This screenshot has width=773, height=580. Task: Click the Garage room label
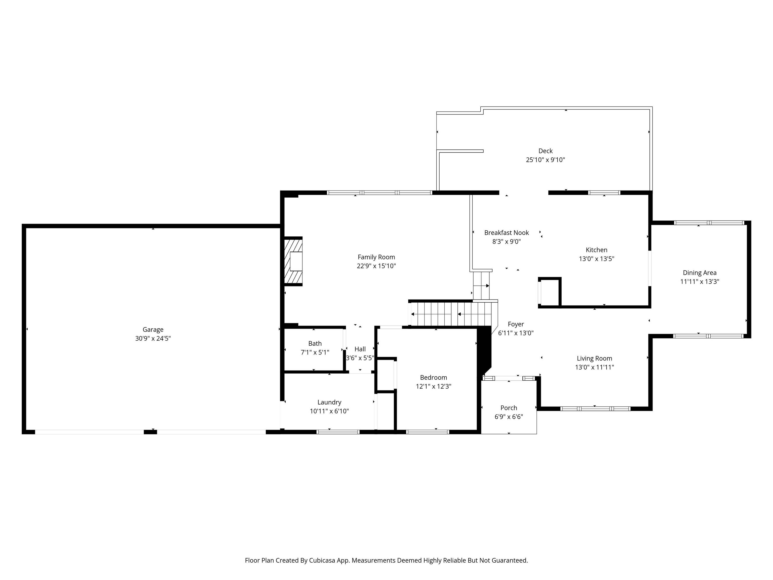(x=153, y=329)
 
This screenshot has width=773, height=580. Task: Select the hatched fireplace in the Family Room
(x=293, y=261)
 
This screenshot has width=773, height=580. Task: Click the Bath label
(x=315, y=343)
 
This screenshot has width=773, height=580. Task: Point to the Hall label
(x=360, y=349)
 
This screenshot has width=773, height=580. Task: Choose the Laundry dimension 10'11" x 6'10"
(x=329, y=411)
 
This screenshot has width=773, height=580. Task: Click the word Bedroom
(x=433, y=377)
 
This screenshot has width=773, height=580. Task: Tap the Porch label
(x=509, y=408)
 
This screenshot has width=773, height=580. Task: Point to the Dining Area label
(x=699, y=272)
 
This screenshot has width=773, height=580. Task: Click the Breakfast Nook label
(x=506, y=233)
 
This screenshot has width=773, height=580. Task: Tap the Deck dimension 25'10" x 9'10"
(x=545, y=160)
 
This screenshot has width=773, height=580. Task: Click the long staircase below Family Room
(x=451, y=314)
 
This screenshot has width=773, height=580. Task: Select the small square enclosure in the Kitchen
(x=549, y=292)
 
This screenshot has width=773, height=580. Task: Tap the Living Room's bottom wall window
(x=595, y=408)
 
